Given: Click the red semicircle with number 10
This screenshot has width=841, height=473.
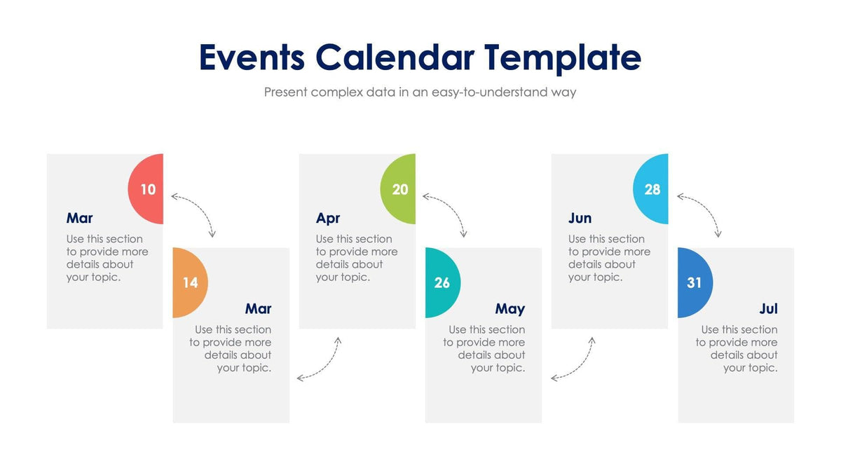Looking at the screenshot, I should [x=147, y=189].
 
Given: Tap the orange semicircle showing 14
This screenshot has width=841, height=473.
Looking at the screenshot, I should [x=189, y=282].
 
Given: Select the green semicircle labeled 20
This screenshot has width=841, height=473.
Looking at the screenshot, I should [x=399, y=189].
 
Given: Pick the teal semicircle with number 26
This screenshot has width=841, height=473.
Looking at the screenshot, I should [x=442, y=282].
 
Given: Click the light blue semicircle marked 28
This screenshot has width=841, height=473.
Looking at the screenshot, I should [x=652, y=189].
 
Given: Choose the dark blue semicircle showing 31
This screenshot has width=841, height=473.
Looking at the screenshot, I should [x=694, y=282].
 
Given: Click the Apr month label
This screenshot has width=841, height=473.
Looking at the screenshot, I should [x=327, y=218].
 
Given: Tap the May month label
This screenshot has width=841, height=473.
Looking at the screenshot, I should [x=510, y=308].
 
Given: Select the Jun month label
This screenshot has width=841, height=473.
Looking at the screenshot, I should [x=580, y=218].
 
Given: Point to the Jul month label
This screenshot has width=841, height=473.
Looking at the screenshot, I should [x=768, y=308].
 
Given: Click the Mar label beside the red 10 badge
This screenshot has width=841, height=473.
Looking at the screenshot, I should [x=79, y=218].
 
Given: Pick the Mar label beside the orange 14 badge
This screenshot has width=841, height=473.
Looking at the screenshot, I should [x=258, y=308].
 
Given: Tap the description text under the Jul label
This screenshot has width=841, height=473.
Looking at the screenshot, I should [x=737, y=348].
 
